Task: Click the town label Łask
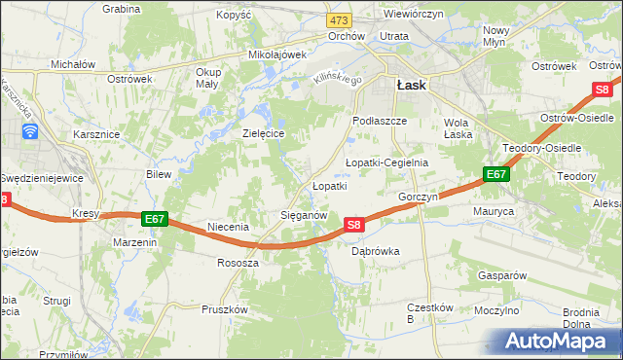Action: (410, 85)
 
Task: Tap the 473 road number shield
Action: (339, 20)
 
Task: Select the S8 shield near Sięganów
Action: (354, 225)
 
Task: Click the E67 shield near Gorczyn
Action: (495, 174)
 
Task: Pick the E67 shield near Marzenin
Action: (154, 219)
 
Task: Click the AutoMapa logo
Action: (559, 342)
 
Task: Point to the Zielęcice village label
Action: (263, 133)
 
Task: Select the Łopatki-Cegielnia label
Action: (386, 162)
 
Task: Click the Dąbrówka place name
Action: (375, 251)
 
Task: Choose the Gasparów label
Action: (501, 275)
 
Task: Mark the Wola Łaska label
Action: (458, 128)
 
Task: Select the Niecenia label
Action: (229, 227)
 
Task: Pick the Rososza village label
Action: (238, 264)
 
